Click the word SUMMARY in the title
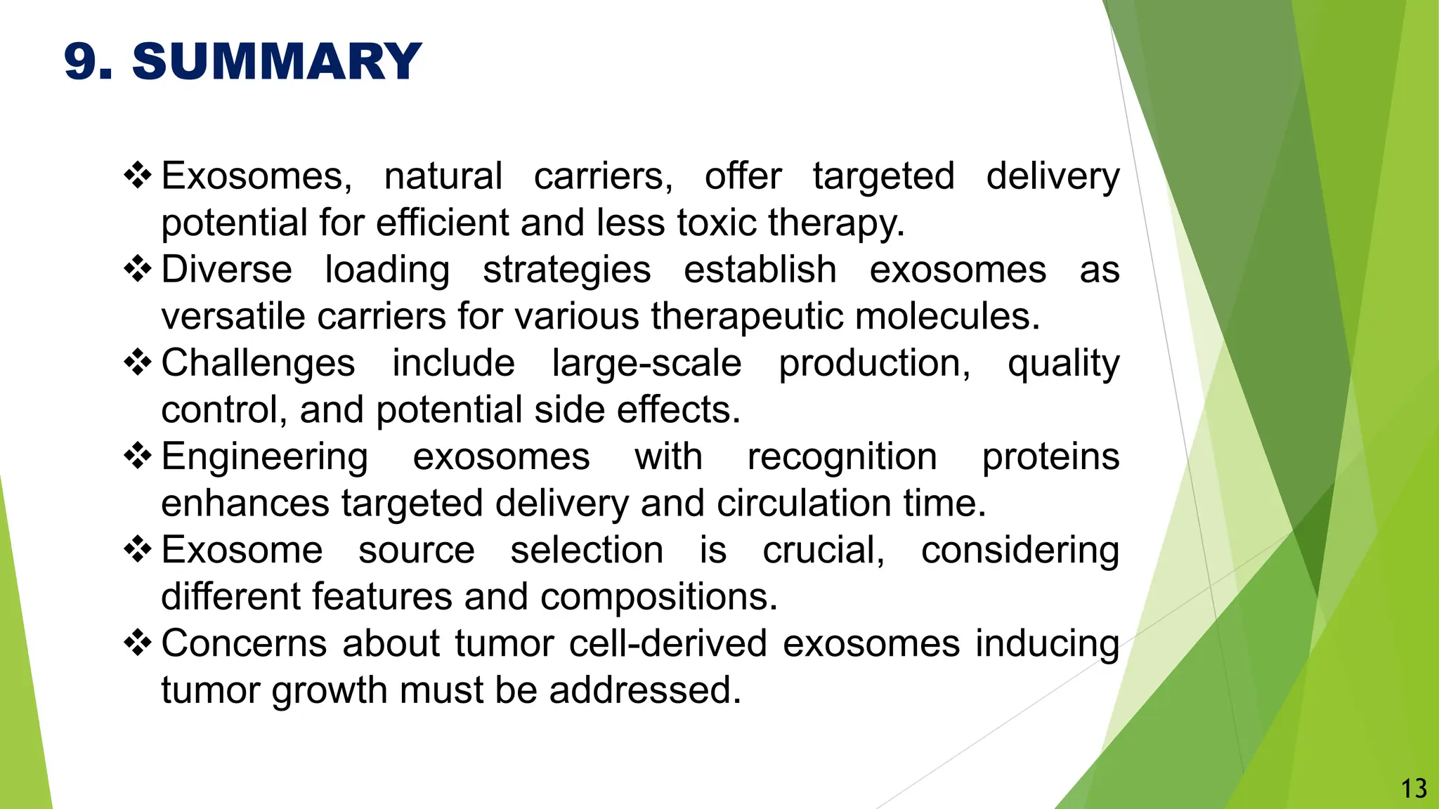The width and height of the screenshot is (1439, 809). [277, 61]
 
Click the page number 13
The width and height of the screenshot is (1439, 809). [1414, 789]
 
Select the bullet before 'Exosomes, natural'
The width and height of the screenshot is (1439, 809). [138, 175]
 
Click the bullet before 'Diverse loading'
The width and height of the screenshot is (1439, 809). [138, 269]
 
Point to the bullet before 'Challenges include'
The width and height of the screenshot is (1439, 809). [138, 362]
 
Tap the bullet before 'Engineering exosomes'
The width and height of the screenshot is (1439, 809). [138, 456]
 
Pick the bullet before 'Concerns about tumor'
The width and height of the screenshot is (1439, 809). [138, 643]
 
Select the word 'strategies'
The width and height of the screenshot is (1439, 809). [567, 270]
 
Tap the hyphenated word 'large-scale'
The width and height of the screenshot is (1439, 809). [646, 364]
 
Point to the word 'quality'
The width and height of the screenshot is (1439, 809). [1063, 364]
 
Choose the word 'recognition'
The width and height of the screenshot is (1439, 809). [842, 458]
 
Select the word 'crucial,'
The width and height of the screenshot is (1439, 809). [823, 550]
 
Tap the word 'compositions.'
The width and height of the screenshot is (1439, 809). [658, 598]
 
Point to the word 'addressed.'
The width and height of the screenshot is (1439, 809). [645, 690]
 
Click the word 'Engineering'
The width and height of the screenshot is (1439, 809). [264, 458]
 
